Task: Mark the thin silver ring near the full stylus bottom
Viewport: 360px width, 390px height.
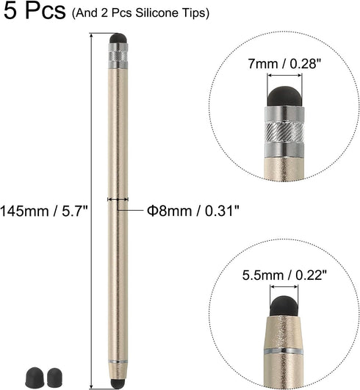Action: [117, 362]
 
